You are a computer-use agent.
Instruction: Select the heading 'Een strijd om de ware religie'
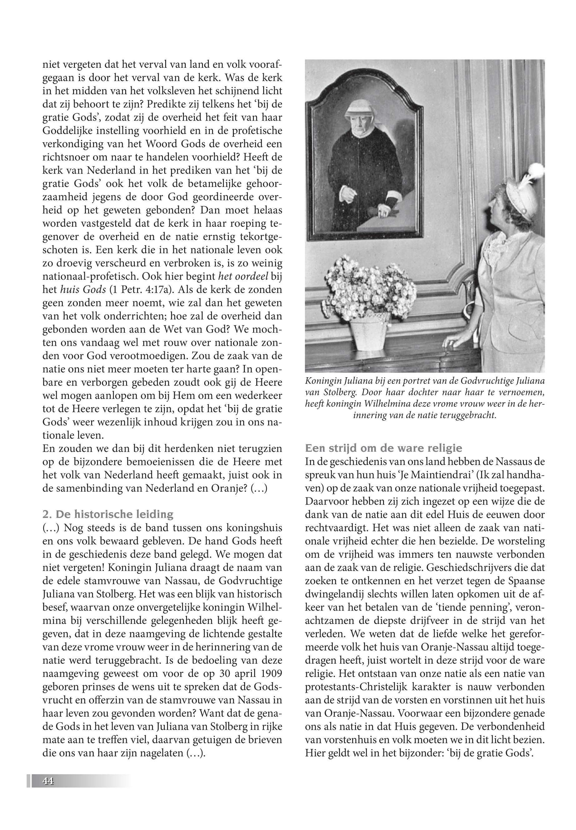click(x=383, y=448)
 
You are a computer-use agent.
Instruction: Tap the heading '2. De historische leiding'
click(x=108, y=514)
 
